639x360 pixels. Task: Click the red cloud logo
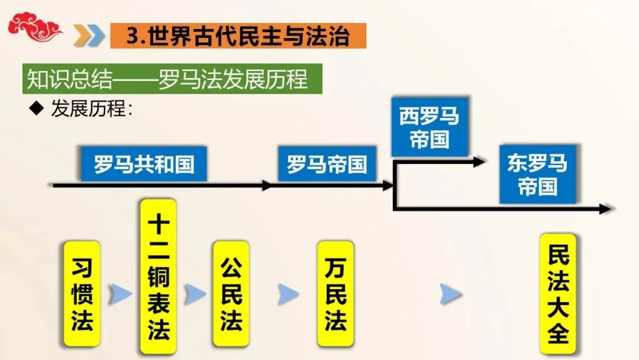click(34, 27)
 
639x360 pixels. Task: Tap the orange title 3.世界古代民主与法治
click(238, 36)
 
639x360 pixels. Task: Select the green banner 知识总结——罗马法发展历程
click(172, 79)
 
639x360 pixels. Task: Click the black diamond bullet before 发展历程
click(37, 108)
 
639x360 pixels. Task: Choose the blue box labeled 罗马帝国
click(327, 163)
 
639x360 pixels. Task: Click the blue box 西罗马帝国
click(430, 128)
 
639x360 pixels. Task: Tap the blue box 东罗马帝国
click(537, 174)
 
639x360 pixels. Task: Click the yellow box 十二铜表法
click(159, 277)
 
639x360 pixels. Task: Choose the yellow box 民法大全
click(557, 294)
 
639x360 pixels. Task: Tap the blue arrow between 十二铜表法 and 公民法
click(195, 294)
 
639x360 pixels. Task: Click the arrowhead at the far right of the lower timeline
click(604, 208)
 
